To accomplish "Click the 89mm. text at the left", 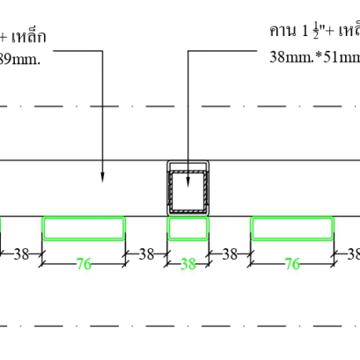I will (x=16, y=59).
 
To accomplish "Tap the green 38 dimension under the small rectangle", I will (x=187, y=263).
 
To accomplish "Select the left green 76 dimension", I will (x=84, y=263).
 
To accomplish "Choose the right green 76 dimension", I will (x=293, y=263).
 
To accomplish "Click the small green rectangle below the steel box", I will (x=187, y=228).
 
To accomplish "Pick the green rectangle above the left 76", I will (x=84, y=228).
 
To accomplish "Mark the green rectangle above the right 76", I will (x=293, y=228).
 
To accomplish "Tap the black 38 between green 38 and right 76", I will (x=230, y=253).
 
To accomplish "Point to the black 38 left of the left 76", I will (x=21, y=253).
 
